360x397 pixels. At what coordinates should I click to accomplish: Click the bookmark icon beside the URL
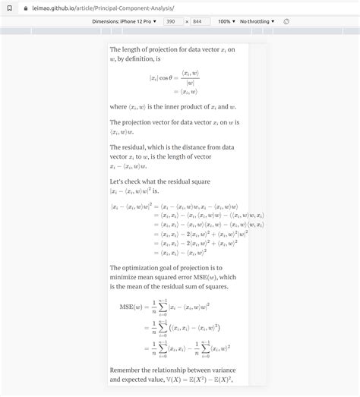pyautogui.click(x=8, y=8)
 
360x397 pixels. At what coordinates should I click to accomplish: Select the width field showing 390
pyautogui.click(x=172, y=21)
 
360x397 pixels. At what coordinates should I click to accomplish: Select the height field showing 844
pyautogui.click(x=201, y=21)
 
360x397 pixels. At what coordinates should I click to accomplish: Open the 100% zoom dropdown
pyautogui.click(x=226, y=21)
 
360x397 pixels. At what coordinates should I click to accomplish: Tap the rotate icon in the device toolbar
pyautogui.click(x=286, y=21)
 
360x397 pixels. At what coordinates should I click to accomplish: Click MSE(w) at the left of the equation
pyautogui.click(x=132, y=307)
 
